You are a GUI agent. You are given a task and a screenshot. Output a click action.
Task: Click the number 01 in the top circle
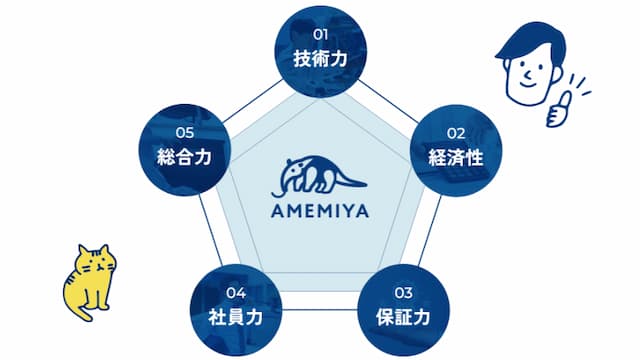[320, 35]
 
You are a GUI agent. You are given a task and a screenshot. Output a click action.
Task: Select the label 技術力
[320, 58]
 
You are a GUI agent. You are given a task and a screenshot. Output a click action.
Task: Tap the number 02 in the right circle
[456, 133]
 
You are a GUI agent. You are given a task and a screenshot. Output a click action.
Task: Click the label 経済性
[456, 157]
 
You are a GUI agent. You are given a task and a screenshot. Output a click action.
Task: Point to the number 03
[403, 293]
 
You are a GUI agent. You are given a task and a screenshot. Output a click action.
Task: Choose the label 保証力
[403, 317]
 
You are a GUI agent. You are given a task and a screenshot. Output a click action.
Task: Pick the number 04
[236, 293]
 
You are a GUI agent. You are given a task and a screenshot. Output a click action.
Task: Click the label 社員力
[236, 317]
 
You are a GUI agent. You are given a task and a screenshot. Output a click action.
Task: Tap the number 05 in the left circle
[184, 133]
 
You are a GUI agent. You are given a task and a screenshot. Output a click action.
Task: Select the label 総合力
[184, 157]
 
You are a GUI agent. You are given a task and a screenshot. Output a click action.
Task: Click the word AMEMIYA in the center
[320, 211]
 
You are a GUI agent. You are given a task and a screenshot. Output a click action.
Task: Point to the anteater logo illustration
[319, 177]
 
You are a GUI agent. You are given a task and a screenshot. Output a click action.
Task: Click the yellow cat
[90, 282]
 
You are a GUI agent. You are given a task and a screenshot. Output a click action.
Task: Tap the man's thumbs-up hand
[558, 110]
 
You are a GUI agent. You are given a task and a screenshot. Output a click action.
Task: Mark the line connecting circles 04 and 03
[320, 310]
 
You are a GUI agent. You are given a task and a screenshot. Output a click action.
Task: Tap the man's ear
[557, 74]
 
